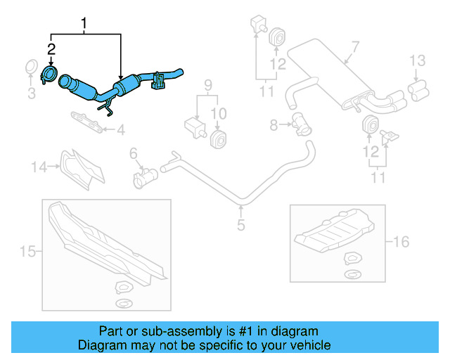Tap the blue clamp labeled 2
(50, 74)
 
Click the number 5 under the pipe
(240, 226)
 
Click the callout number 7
(355, 47)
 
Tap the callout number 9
(207, 86)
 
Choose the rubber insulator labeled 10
(219, 138)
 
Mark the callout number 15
(27, 251)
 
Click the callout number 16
(401, 242)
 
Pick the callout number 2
(50, 49)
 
